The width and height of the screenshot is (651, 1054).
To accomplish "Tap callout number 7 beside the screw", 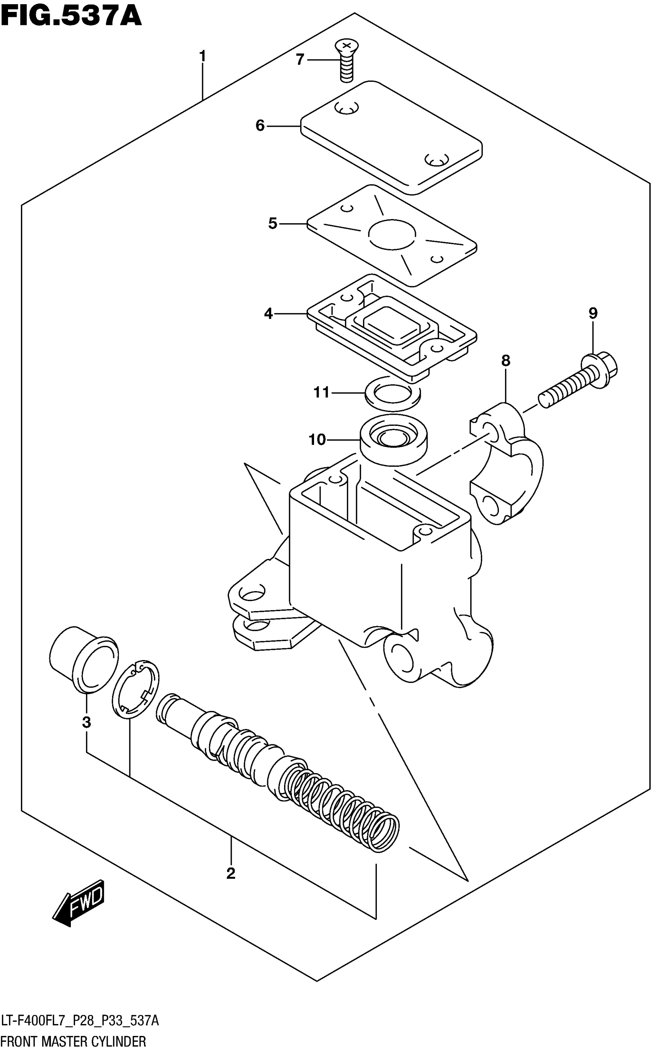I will pyautogui.click(x=300, y=59).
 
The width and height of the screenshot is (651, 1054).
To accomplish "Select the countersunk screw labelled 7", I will pyautogui.click(x=347, y=60).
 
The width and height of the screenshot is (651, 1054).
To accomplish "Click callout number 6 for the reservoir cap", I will pyautogui.click(x=260, y=126).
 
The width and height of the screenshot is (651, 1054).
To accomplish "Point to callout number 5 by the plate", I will pyautogui.click(x=273, y=224).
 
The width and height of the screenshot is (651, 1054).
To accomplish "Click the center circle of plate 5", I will pyautogui.click(x=392, y=235).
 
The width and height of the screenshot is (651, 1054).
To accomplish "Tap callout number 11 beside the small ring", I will pyautogui.click(x=321, y=392).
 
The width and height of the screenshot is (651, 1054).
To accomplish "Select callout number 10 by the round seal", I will pyautogui.click(x=317, y=440).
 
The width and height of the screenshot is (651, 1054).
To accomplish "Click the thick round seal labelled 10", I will pyautogui.click(x=394, y=440).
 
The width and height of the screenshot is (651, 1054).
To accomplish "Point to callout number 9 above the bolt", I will pyautogui.click(x=593, y=313).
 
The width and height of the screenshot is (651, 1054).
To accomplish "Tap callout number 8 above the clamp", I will pyautogui.click(x=505, y=361).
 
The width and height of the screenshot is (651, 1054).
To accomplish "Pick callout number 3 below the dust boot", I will pyautogui.click(x=87, y=722).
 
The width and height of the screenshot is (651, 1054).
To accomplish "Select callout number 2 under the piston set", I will pyautogui.click(x=231, y=874).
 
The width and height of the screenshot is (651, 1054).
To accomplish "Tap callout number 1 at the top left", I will pyautogui.click(x=202, y=56).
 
